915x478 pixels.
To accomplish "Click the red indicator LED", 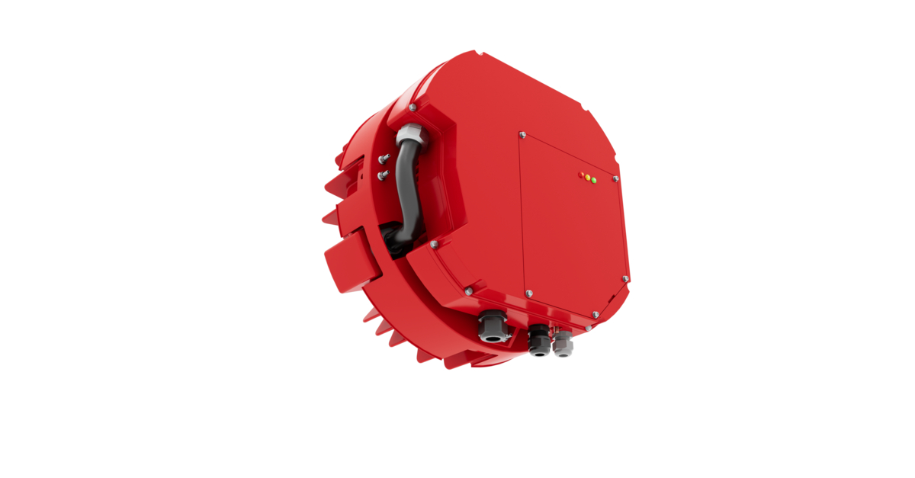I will pyautogui.click(x=581, y=175).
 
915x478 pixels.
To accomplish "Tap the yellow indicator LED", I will pyautogui.click(x=587, y=178).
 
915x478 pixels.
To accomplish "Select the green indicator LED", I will pyautogui.click(x=593, y=180).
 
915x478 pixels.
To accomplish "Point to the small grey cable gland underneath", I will pyautogui.click(x=563, y=344).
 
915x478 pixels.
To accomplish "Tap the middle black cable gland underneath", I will pyautogui.click(x=538, y=340).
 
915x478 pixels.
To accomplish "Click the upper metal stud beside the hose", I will pyautogui.click(x=383, y=159).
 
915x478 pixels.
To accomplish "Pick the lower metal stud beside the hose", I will pyautogui.click(x=383, y=175).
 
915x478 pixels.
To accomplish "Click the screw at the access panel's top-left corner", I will pyautogui.click(x=522, y=136).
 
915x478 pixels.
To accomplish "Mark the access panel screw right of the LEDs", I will pyautogui.click(x=615, y=178).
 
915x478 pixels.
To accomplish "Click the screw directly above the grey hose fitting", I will pyautogui.click(x=413, y=107).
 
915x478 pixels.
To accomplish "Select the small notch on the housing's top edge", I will pyautogui.click(x=477, y=53).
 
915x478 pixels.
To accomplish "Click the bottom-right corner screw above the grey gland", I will pyautogui.click(x=589, y=327).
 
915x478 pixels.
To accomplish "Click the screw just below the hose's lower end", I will pyautogui.click(x=433, y=245).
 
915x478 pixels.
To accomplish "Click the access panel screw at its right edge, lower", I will pyautogui.click(x=626, y=280).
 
